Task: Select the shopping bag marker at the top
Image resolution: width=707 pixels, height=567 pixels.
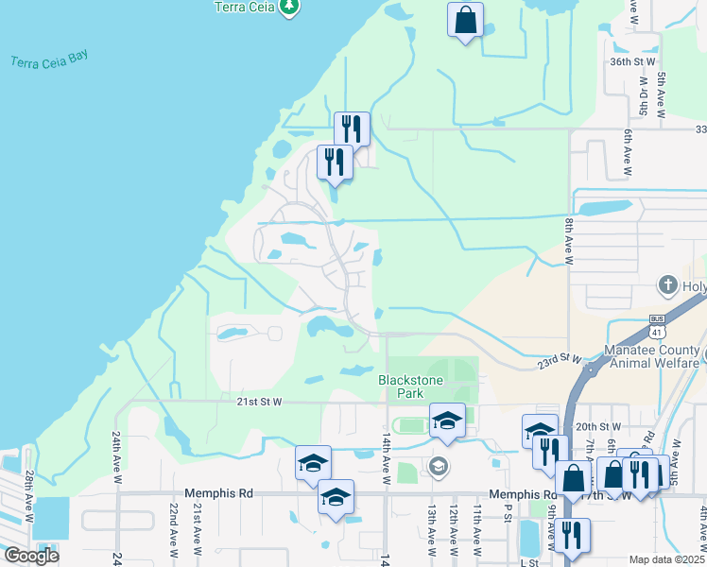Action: pyautogui.click(x=465, y=21)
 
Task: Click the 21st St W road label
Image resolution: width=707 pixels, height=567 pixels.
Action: pyautogui.click(x=259, y=402)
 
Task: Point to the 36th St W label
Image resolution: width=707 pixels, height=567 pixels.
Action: pyautogui.click(x=633, y=61)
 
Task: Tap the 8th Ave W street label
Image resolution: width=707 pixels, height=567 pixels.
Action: pyautogui.click(x=569, y=240)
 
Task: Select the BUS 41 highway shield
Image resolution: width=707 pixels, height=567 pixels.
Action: pyautogui.click(x=658, y=327)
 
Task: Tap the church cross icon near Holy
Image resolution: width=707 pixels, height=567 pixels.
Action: pyautogui.click(x=667, y=285)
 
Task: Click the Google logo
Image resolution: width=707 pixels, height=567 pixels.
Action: pyautogui.click(x=31, y=556)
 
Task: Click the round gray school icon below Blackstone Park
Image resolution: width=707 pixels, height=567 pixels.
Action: pyautogui.click(x=437, y=465)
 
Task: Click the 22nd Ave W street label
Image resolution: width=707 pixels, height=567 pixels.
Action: pyautogui.click(x=175, y=528)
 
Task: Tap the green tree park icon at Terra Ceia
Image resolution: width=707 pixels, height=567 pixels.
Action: pyautogui.click(x=291, y=8)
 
